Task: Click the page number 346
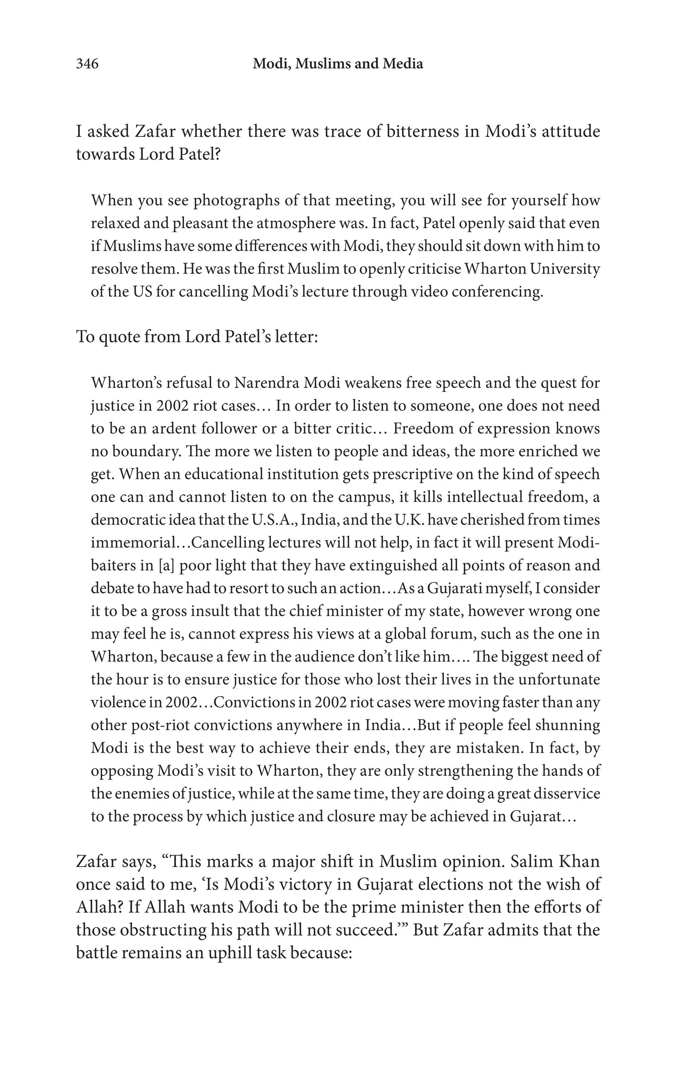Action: point(87,64)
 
